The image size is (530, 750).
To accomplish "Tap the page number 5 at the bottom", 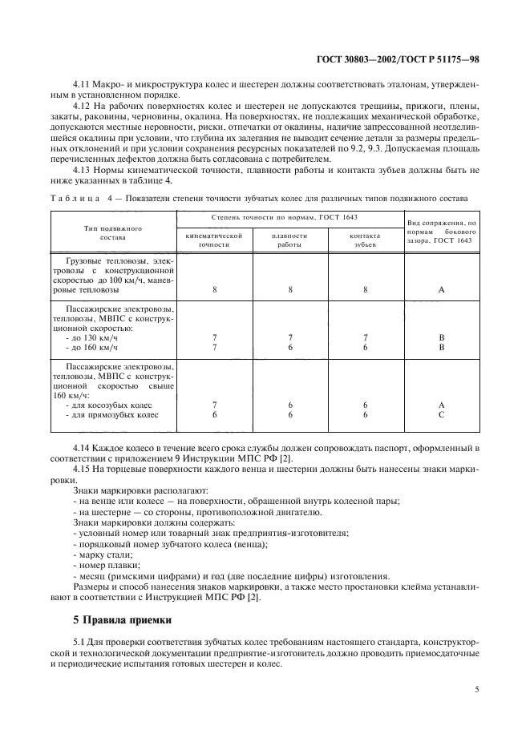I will pyautogui.click(x=475, y=686).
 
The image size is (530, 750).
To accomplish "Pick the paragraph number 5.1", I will pyautogui.click(x=79, y=643).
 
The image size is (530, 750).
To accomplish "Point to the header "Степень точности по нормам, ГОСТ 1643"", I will pyautogui.click(x=289, y=217).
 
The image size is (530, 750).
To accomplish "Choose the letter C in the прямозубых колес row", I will pyautogui.click(x=441, y=415).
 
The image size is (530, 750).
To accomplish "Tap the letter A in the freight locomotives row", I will pyautogui.click(x=441, y=290).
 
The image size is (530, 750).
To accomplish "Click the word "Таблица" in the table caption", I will pyautogui.click(x=75, y=197).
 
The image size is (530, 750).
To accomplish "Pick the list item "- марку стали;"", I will pyautogui.click(x=103, y=554).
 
